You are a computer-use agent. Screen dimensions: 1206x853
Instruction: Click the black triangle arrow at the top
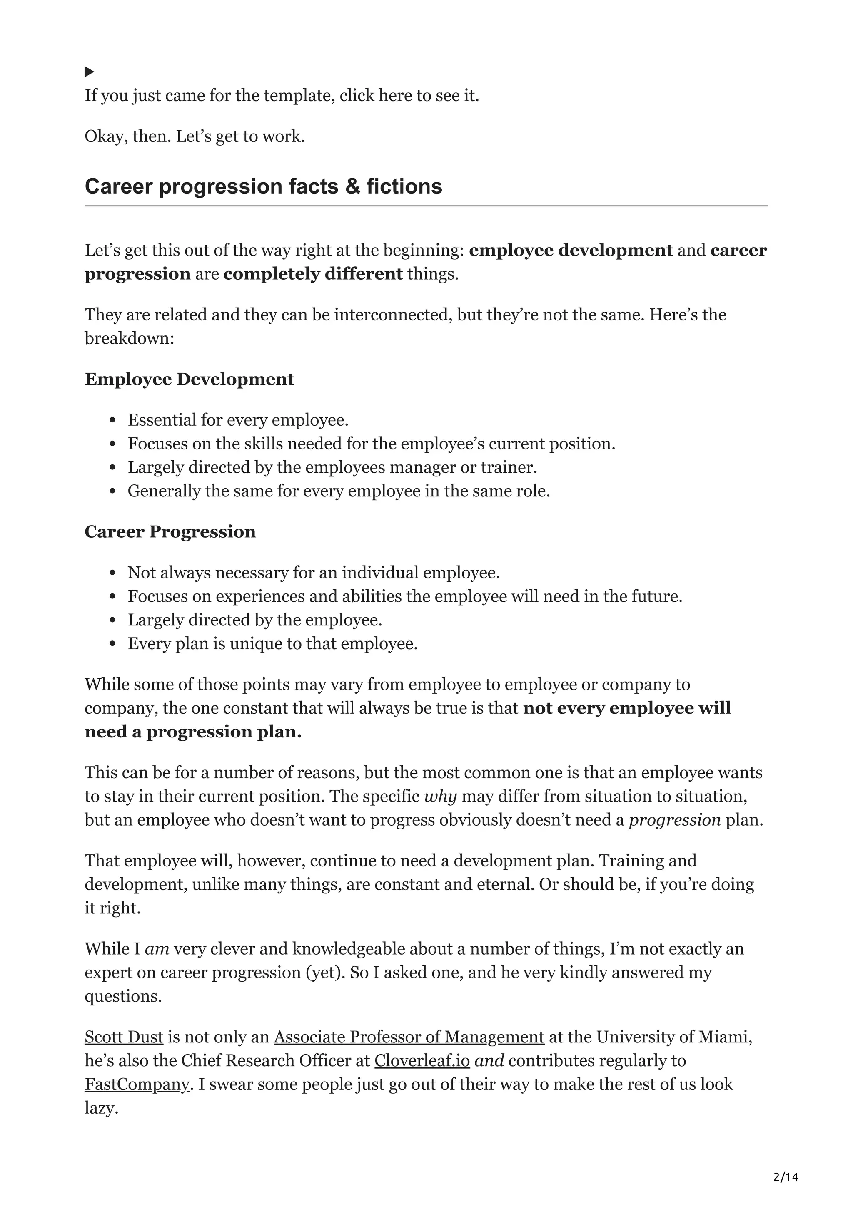pos(90,71)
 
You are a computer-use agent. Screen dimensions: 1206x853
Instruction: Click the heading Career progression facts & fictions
pos(263,186)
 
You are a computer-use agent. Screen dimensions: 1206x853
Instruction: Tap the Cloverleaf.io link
pos(422,1060)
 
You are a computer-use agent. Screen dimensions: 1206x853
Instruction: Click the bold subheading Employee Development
pos(189,379)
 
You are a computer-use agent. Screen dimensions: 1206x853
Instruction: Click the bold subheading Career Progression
pos(170,531)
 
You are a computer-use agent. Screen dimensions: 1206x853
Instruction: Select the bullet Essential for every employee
pos(238,420)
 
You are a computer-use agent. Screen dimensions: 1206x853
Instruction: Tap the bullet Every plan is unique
pos(272,643)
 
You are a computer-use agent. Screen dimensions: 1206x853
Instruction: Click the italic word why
pos(440,796)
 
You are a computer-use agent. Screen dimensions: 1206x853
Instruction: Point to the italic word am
pos(157,949)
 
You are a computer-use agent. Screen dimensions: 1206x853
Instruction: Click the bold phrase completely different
pos(313,274)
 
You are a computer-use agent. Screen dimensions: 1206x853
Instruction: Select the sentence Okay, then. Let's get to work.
pos(195,136)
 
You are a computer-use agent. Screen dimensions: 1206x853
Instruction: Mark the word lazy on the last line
pos(100,1108)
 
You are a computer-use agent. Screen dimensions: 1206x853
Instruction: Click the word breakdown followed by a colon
pos(129,338)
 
